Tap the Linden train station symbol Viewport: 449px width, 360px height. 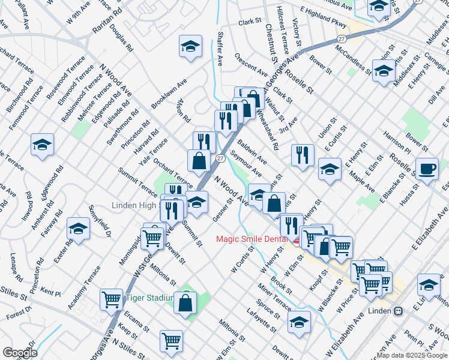[397, 311]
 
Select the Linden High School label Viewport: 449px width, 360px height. [137, 205]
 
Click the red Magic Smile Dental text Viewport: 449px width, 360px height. [252, 239]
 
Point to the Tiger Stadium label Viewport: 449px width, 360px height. [149, 298]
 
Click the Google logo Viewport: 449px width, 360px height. [20, 353]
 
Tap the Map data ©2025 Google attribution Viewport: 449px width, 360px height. [412, 355]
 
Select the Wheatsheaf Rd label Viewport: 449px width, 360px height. [267, 129]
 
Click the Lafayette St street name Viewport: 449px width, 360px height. [261, 320]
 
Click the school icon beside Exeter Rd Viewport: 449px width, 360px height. [79, 228]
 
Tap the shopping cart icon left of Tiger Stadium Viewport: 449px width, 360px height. [112, 299]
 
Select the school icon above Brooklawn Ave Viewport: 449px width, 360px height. [190, 46]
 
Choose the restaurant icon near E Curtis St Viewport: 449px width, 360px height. [303, 154]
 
